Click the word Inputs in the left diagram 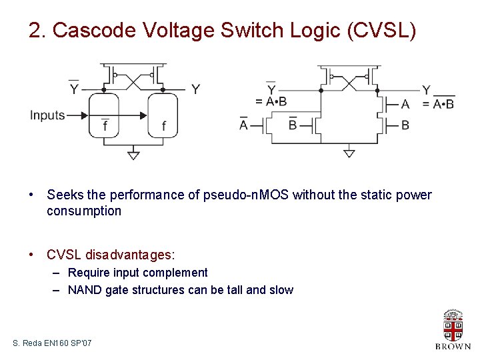[x=47, y=115]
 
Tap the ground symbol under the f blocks [x=133, y=155]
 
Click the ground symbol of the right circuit [x=349, y=153]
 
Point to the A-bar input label [x=243, y=125]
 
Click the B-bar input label [x=293, y=125]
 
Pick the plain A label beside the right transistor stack [x=405, y=104]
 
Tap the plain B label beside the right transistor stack [x=405, y=125]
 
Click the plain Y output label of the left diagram [x=195, y=89]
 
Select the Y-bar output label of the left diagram [x=73, y=89]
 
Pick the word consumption [x=84, y=211]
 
